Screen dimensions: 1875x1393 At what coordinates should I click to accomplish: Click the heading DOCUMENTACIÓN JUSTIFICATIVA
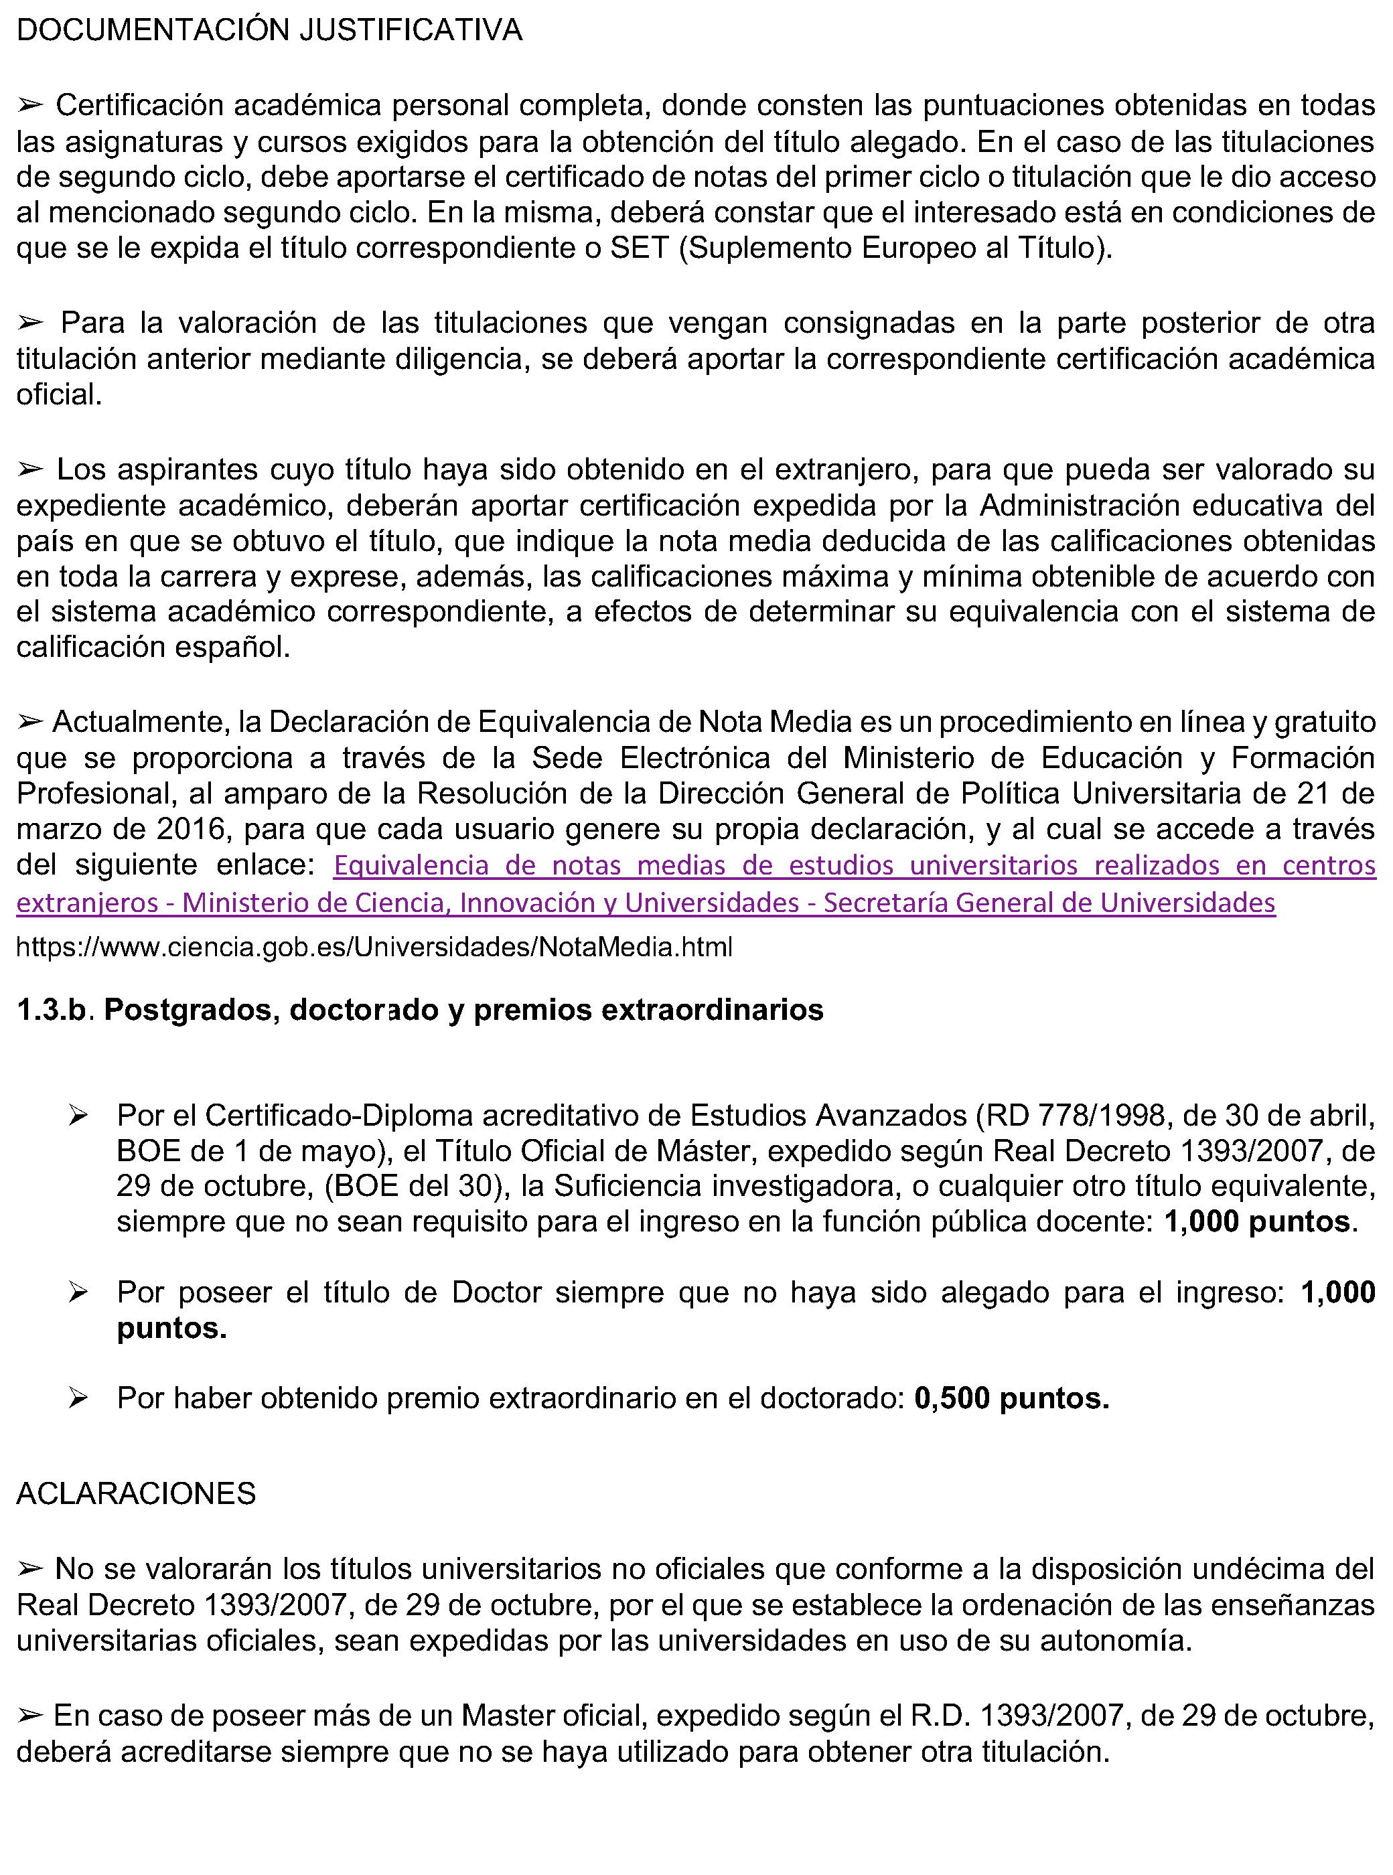[269, 30]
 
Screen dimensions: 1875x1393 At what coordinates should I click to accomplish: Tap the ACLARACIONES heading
[136, 1493]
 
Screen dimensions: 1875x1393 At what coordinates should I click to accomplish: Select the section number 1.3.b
[52, 1009]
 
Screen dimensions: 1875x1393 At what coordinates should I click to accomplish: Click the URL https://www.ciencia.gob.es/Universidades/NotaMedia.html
[374, 947]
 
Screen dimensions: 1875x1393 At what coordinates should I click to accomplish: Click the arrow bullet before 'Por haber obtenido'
[78, 1399]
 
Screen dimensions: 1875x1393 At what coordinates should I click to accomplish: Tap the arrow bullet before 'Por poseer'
[78, 1292]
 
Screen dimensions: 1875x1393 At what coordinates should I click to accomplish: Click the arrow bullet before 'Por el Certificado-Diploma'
[78, 1116]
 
